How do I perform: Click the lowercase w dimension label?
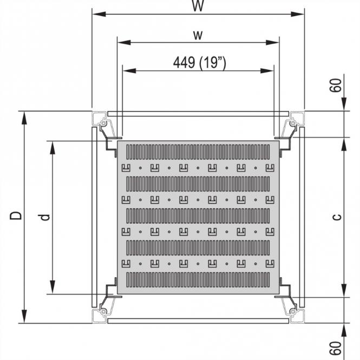click(x=198, y=35)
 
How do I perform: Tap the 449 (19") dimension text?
click(x=199, y=63)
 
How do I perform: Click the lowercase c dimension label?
click(x=337, y=217)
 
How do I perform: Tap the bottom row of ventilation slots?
click(x=198, y=279)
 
